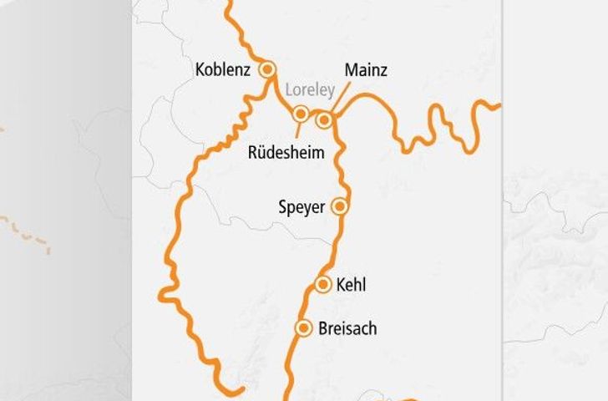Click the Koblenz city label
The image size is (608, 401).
point(222,70)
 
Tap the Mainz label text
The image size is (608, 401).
point(366,70)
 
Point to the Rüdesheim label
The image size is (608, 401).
point(286,153)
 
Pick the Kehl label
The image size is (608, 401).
point(351,286)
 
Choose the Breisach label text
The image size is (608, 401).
point(347,329)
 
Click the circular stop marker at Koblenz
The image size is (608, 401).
point(268,70)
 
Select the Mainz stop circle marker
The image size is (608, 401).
point(323,120)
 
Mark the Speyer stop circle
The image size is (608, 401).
point(339,206)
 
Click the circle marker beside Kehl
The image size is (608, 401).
point(323,286)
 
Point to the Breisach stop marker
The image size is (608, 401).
point(304,328)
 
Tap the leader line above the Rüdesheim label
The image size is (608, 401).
point(297,129)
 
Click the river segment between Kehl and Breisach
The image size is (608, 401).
point(314,307)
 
